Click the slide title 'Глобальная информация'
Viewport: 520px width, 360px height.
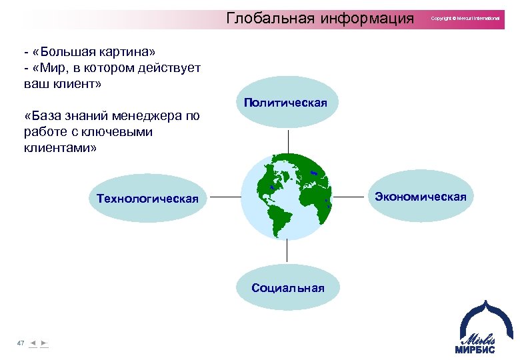[x=320, y=18]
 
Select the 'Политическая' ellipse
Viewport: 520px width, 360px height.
[x=285, y=103]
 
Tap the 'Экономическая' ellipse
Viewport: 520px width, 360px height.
[x=420, y=196]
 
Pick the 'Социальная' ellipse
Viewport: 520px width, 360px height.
[x=287, y=287]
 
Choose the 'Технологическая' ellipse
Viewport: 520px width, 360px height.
[x=147, y=198]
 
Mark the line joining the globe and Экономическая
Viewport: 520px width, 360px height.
[x=351, y=197]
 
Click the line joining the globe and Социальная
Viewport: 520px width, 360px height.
[x=287, y=250]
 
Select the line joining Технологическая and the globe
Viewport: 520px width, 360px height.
[x=223, y=197]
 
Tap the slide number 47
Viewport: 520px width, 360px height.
[x=21, y=343]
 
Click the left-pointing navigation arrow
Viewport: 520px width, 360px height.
[x=33, y=343]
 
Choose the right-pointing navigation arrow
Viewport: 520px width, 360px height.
[x=43, y=343]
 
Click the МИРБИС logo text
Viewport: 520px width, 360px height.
[x=476, y=349]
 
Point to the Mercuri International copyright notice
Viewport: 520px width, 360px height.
[x=465, y=19]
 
